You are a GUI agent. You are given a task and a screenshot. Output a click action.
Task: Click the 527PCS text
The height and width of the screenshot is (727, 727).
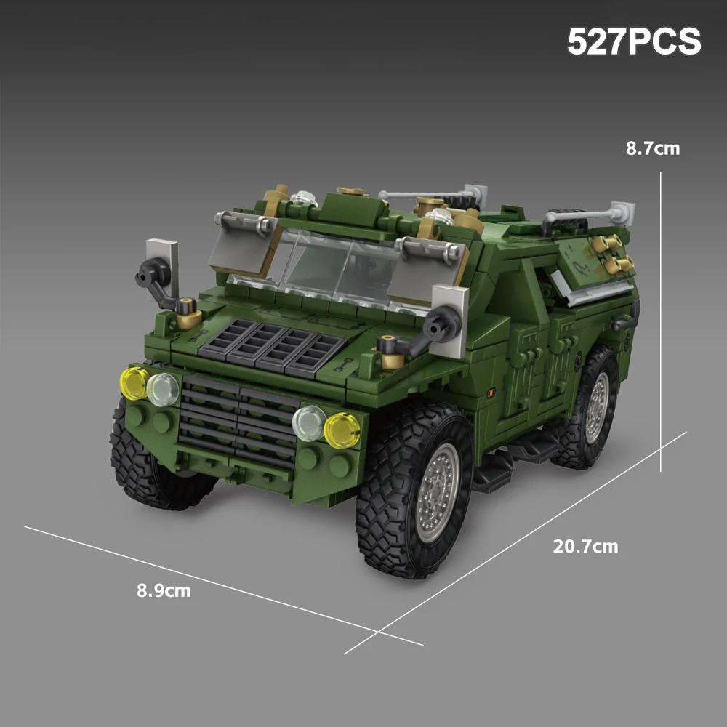point(634,41)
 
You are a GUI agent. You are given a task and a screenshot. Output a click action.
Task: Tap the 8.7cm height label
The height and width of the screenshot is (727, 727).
point(653,148)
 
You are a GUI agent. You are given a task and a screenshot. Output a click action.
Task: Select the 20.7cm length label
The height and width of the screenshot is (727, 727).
point(585,546)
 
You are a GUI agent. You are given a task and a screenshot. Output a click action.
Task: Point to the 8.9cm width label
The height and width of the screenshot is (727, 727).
point(163,590)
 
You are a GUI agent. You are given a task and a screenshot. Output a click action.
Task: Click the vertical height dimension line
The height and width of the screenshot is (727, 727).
point(661,321)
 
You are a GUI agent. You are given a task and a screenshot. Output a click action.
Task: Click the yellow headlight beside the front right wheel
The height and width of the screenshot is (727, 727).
point(342,430)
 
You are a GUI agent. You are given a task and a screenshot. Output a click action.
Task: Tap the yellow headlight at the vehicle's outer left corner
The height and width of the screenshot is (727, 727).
point(134,383)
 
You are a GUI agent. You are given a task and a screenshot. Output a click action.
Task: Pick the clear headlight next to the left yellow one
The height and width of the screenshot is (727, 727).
point(163,390)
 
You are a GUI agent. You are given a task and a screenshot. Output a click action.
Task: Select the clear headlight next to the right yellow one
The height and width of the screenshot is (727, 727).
point(309,423)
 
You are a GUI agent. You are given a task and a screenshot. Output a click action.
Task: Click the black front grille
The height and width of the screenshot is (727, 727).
point(238,420)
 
